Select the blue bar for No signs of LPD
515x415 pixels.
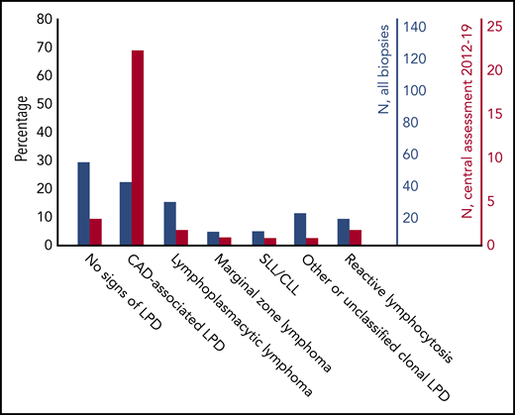(x=84, y=203)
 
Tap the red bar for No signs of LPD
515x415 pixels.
(x=96, y=232)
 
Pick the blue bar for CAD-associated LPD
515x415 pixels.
(x=127, y=213)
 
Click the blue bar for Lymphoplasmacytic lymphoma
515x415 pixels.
(x=169, y=223)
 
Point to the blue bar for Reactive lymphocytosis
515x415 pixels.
(x=344, y=232)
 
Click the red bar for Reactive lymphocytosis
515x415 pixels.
(x=356, y=237)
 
